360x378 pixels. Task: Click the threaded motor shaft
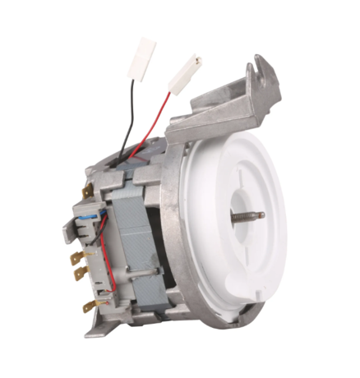pyautogui.click(x=246, y=216)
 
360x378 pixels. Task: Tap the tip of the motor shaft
pyautogui.click(x=262, y=215)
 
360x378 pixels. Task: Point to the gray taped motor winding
pyautogui.click(x=132, y=238)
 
